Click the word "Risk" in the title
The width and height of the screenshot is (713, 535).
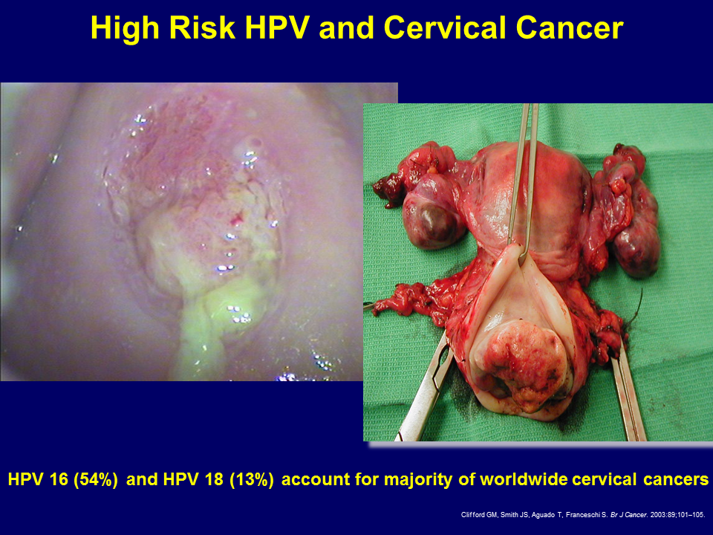coord(201,27)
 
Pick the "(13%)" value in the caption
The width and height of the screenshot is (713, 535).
coord(252,479)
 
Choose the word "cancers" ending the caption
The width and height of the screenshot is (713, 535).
coord(676,479)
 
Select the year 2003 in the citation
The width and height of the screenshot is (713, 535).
coord(657,515)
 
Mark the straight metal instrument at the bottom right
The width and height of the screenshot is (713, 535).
coord(629,392)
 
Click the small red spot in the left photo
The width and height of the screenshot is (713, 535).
coord(237,221)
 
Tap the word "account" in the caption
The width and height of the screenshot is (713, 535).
coord(315,479)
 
